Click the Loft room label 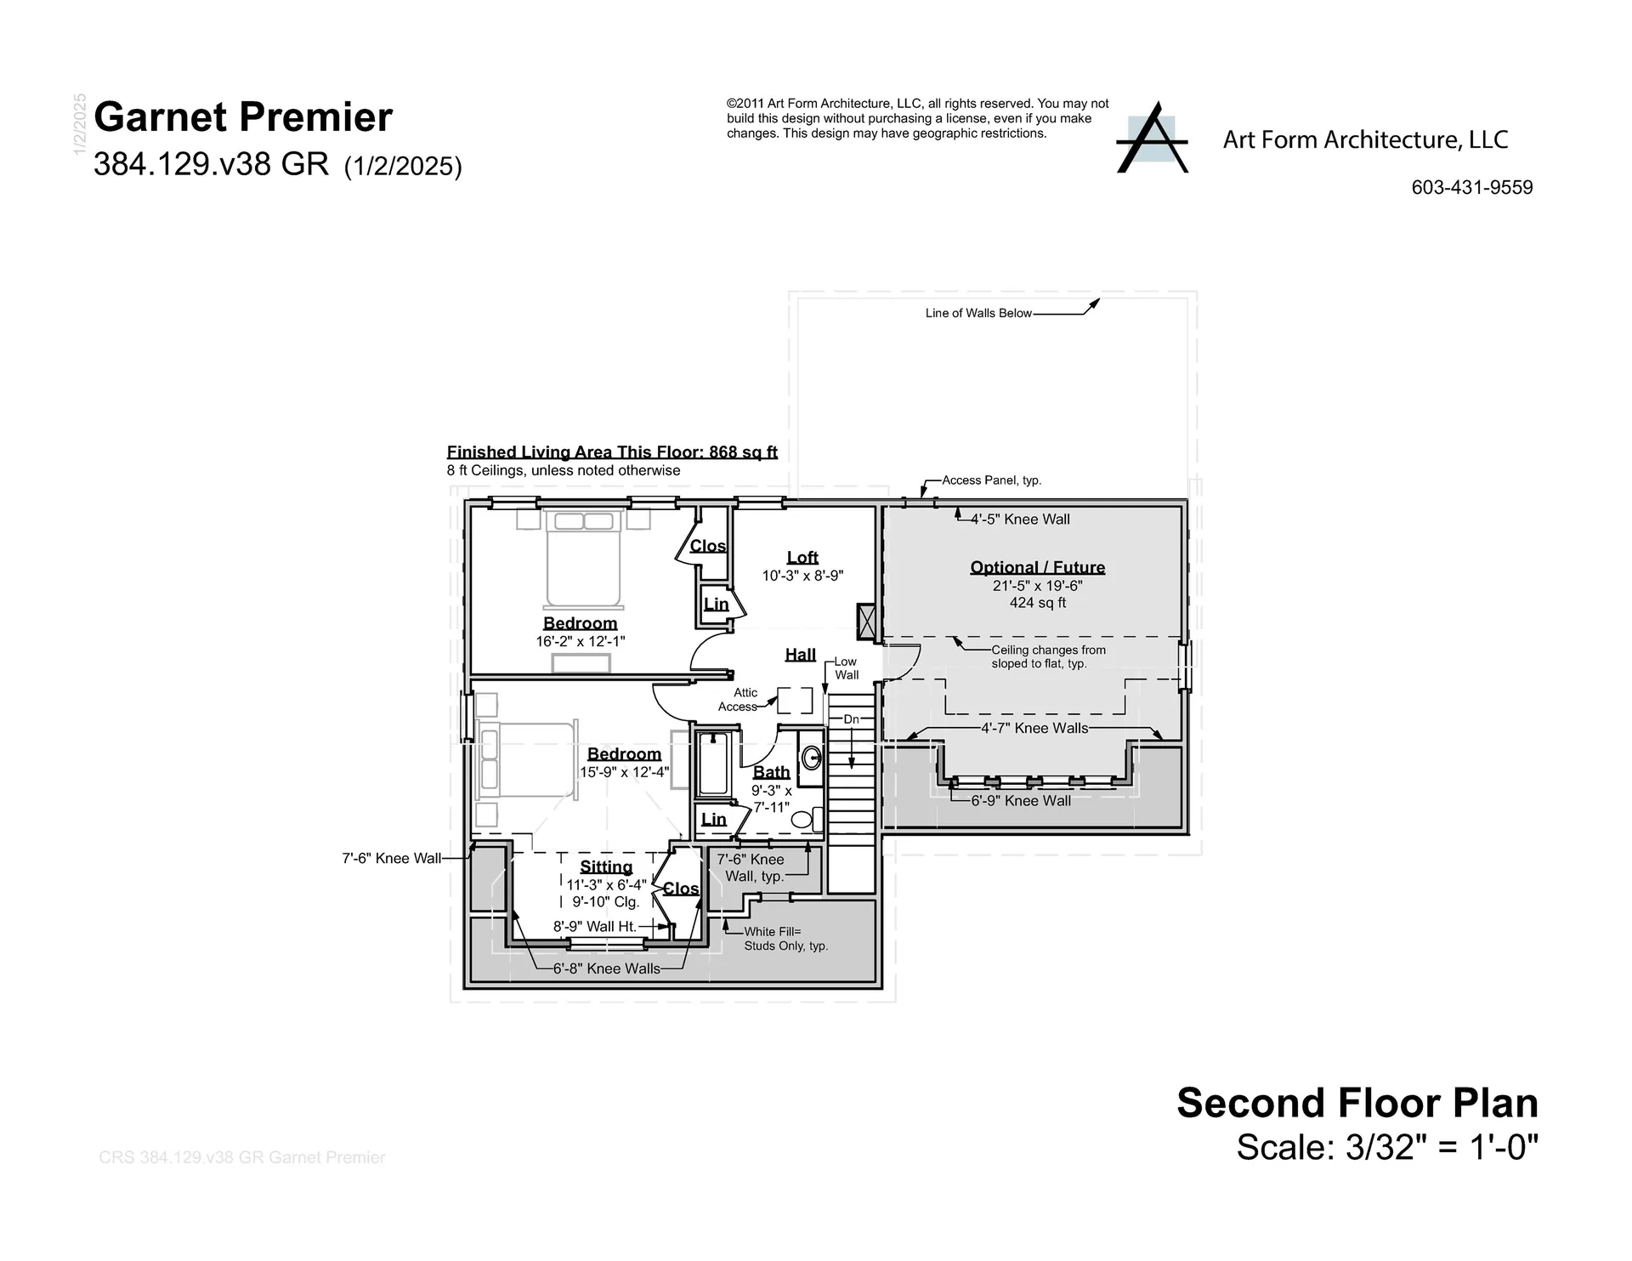(x=802, y=557)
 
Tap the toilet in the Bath (x=802, y=820)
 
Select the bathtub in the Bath (x=713, y=764)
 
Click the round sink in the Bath (x=812, y=757)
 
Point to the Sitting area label (x=606, y=866)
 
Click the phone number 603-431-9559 (x=1471, y=188)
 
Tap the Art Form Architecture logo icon (x=1152, y=139)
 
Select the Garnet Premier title (x=243, y=117)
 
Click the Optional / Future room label (x=1037, y=567)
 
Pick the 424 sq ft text (x=1037, y=603)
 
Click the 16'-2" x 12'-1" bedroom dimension (x=580, y=641)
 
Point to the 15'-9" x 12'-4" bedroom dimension (x=624, y=772)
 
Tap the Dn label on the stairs (x=851, y=719)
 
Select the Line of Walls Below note (x=977, y=313)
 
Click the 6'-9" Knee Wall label (x=1020, y=800)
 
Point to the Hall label (x=800, y=654)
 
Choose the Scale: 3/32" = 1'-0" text (x=1386, y=1147)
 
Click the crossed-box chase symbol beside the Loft (x=866, y=622)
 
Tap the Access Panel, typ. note (x=991, y=480)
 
